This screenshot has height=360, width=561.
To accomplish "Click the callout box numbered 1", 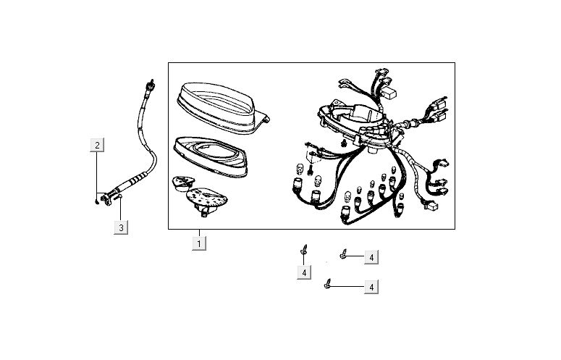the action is point(199,243).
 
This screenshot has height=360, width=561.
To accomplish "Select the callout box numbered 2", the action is point(97,145).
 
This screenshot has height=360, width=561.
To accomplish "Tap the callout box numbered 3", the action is point(121,227).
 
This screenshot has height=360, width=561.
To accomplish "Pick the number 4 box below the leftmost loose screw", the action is point(304,272).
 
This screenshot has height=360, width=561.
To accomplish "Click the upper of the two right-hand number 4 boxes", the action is point(371,257).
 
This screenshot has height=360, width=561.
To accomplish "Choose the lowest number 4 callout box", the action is point(371,287).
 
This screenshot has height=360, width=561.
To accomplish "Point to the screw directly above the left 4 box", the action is point(304,249).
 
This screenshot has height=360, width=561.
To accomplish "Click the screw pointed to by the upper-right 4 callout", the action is point(343,254).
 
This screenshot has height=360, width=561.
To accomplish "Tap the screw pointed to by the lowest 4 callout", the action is point(327,283).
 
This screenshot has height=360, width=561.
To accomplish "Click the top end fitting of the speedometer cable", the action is point(151,86).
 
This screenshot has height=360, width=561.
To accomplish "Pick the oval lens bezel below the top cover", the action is point(211,156).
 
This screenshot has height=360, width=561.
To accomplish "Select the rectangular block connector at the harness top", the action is point(389,93).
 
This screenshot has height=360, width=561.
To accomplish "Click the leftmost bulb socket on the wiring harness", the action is point(297,185).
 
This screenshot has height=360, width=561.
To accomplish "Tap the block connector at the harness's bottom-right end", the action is point(431,206).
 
